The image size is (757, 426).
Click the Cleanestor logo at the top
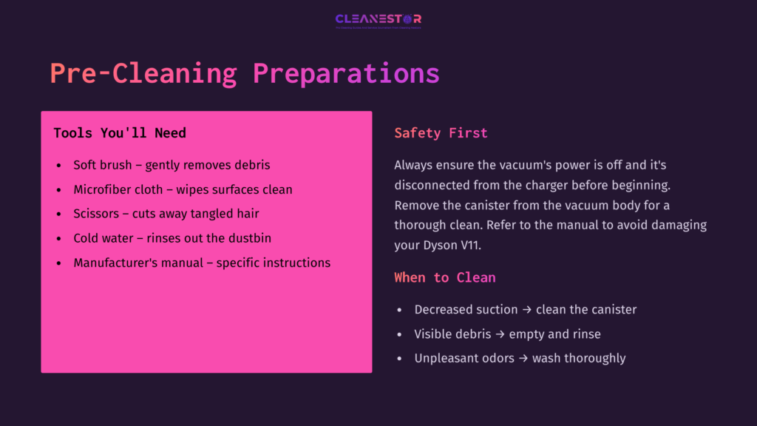[x=378, y=19]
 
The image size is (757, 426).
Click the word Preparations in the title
[x=346, y=74]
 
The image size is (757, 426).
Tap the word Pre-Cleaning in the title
[x=143, y=74]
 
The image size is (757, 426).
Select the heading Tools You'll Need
[x=120, y=133]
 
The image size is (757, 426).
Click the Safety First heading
[x=441, y=133]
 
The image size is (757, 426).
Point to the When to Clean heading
[x=444, y=277]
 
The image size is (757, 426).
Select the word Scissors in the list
[x=97, y=214]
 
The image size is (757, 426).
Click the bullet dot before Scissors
[x=59, y=214]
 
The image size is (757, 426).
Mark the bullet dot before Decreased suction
[x=400, y=310]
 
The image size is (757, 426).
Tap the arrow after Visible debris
[x=500, y=334]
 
